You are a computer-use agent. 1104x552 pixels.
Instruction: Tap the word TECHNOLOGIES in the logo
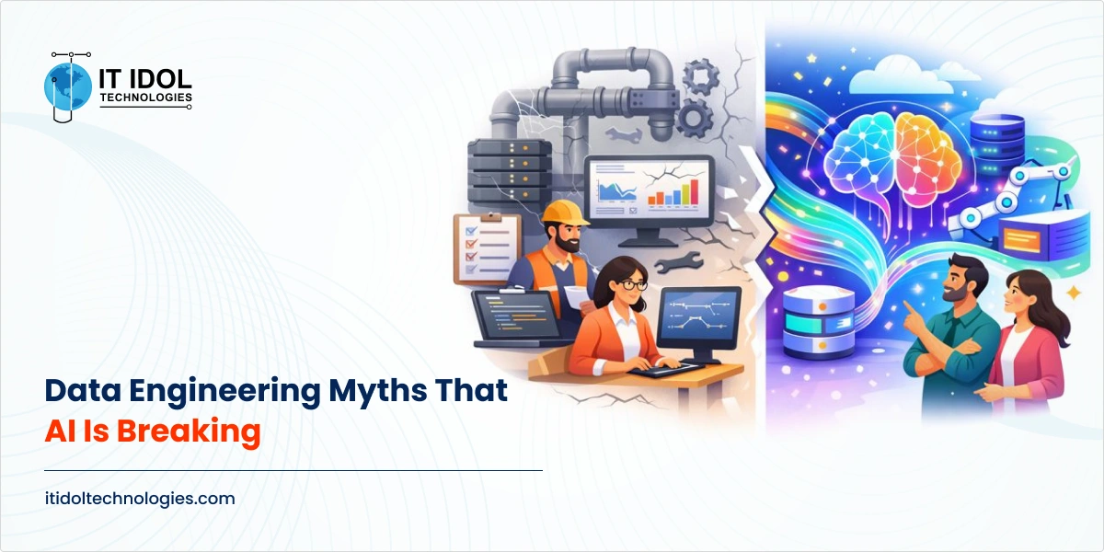(x=145, y=97)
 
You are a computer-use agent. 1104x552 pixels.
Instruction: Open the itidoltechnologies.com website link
(x=140, y=499)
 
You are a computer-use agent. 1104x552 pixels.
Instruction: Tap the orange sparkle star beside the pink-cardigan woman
(x=1072, y=293)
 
